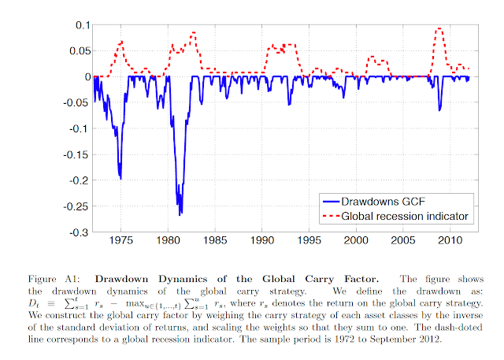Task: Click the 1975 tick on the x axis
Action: click(120, 239)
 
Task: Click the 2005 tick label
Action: click(403, 239)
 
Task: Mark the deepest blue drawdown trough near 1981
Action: click(180, 214)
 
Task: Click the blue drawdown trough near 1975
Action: click(120, 178)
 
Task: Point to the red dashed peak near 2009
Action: click(439, 29)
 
